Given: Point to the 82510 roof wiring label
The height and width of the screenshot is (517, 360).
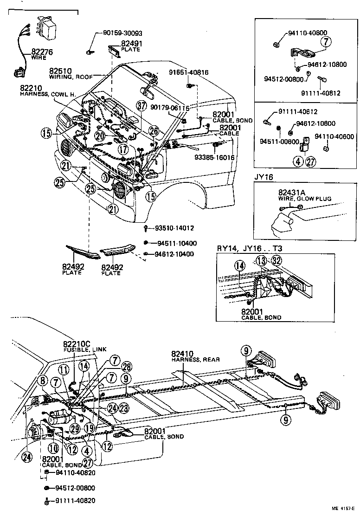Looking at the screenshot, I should click(61, 71).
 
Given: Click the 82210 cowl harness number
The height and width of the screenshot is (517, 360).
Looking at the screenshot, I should click(31, 88).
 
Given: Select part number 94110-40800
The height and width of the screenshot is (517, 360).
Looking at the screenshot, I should click(307, 33).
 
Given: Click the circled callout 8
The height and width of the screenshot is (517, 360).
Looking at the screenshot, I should click(43, 381).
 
